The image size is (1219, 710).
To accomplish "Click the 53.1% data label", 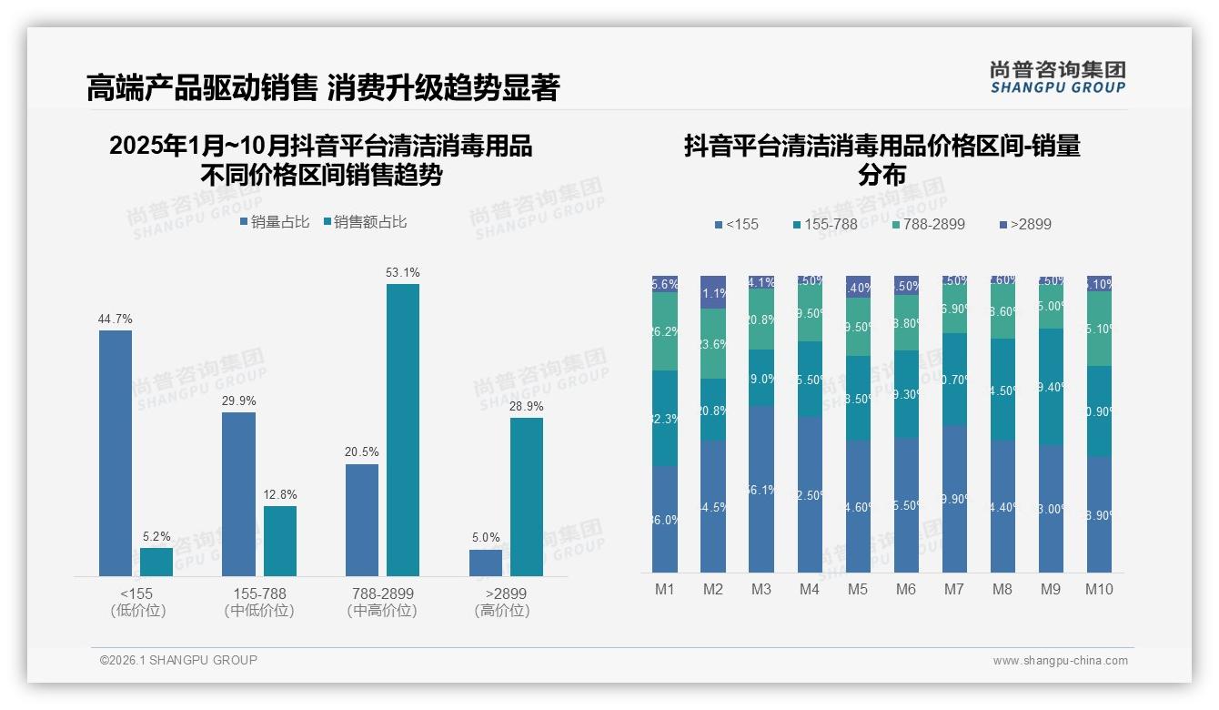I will (x=403, y=272).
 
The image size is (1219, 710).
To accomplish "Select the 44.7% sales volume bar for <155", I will (x=116, y=452).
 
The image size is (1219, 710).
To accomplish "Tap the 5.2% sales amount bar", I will (x=156, y=562).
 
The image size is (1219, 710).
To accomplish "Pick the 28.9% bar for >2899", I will (x=527, y=496).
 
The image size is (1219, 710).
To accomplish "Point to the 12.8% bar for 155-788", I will (x=280, y=541).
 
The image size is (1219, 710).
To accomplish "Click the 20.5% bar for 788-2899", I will (x=362, y=520).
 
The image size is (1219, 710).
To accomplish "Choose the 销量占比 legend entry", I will (x=275, y=221).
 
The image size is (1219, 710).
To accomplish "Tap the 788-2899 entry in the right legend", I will (x=927, y=224).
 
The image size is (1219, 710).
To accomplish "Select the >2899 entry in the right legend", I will (x=1025, y=224).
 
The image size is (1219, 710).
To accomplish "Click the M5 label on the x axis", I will (x=858, y=589).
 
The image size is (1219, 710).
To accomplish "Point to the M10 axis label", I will (x=1099, y=589).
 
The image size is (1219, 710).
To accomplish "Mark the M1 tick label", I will (x=665, y=589).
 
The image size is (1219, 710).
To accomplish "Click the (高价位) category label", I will (x=501, y=611).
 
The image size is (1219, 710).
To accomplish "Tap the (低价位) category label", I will (x=137, y=611).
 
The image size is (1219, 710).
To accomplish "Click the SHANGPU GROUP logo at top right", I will (x=1058, y=77).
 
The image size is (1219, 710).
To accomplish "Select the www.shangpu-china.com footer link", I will (x=1060, y=661).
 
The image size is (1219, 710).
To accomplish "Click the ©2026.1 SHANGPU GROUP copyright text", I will (x=178, y=660).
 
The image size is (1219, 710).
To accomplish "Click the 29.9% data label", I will (x=238, y=401).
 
